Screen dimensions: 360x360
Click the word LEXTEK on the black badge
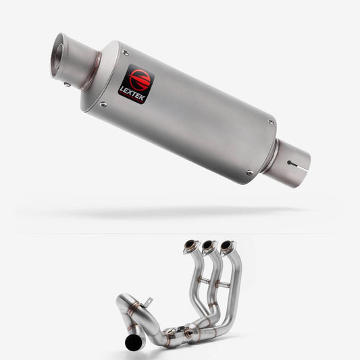click(132, 94)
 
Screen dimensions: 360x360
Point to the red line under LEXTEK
click(131, 97)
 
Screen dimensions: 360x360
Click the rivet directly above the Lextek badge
click(126, 53)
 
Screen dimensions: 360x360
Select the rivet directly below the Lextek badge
click(103, 105)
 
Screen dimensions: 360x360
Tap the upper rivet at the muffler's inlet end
click(272, 122)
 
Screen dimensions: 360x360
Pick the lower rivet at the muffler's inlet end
click(249, 172)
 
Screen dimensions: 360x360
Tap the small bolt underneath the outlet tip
click(67, 84)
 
